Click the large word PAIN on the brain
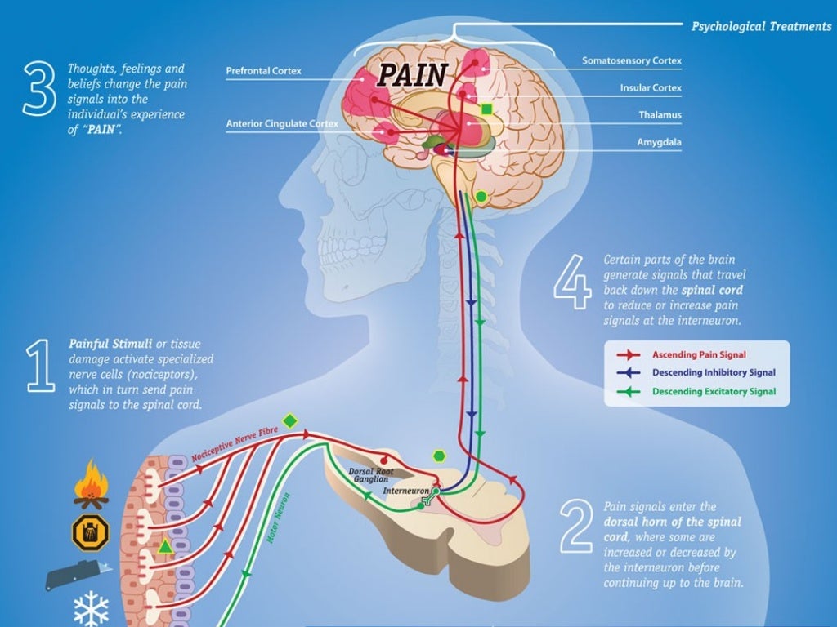click(x=412, y=75)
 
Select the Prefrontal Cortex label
click(x=263, y=71)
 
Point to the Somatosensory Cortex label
click(x=631, y=60)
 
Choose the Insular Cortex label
click(x=651, y=87)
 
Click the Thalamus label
click(x=660, y=115)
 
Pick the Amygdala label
click(x=659, y=142)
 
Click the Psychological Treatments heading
click(x=761, y=27)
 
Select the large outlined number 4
click(x=572, y=282)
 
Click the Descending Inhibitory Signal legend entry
click(x=714, y=373)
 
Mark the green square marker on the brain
click(x=487, y=109)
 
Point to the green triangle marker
click(x=166, y=546)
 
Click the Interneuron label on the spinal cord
click(x=406, y=491)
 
